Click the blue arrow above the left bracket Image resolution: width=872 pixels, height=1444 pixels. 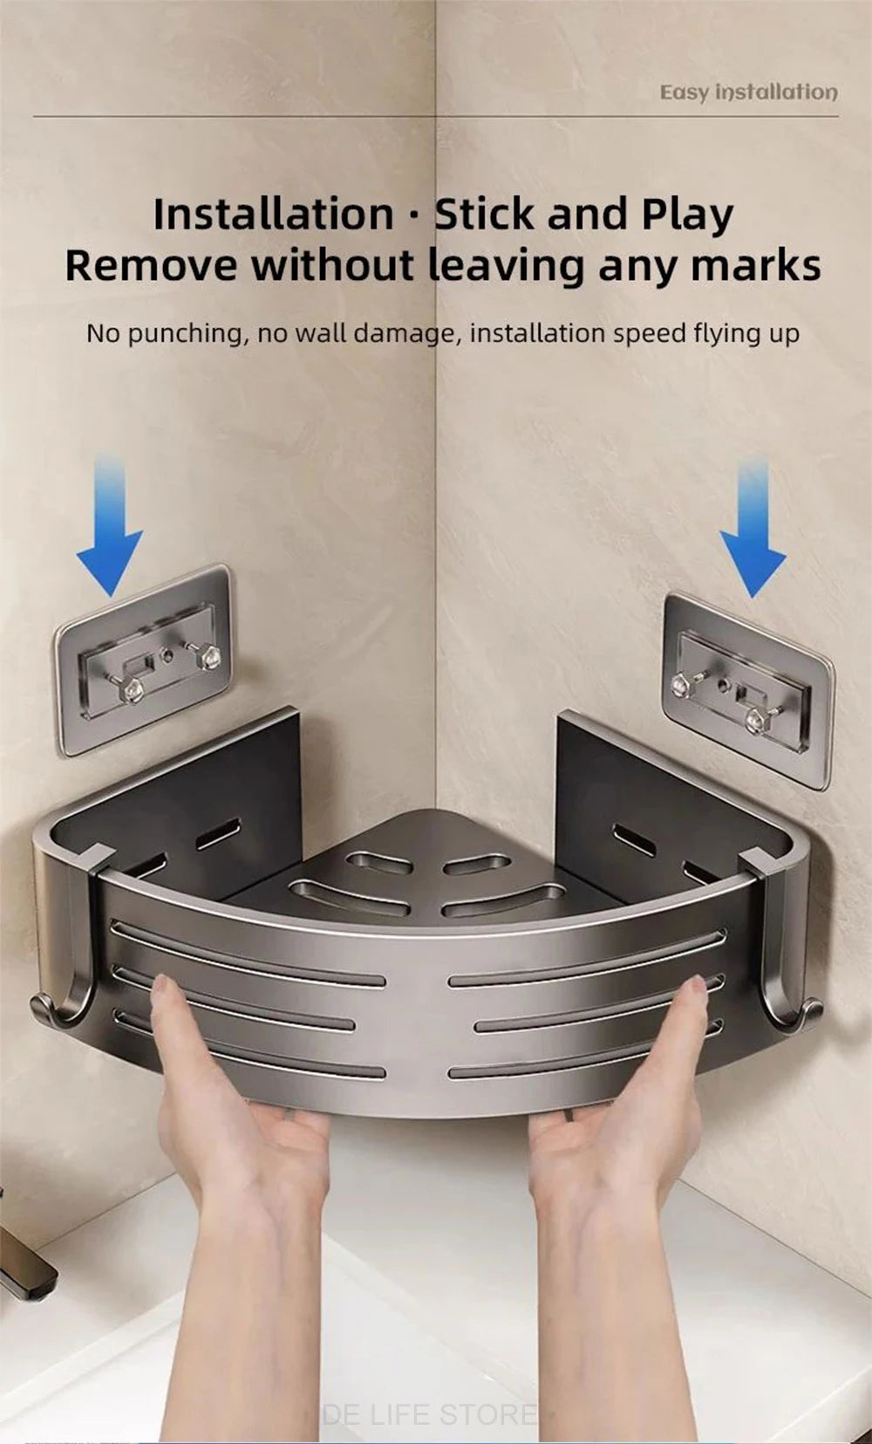pyautogui.click(x=110, y=532)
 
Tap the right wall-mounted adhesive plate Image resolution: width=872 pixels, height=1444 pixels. pyautogui.click(x=747, y=690)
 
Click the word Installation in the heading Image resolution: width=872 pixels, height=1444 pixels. pyautogui.click(x=273, y=215)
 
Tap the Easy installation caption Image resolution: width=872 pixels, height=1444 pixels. pyautogui.click(x=748, y=92)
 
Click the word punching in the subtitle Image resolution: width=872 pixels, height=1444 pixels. pyautogui.click(x=187, y=333)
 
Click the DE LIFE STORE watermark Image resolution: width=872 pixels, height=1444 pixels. pyautogui.click(x=429, y=1413)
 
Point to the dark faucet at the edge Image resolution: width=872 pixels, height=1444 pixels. pyautogui.click(x=22, y=1274)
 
